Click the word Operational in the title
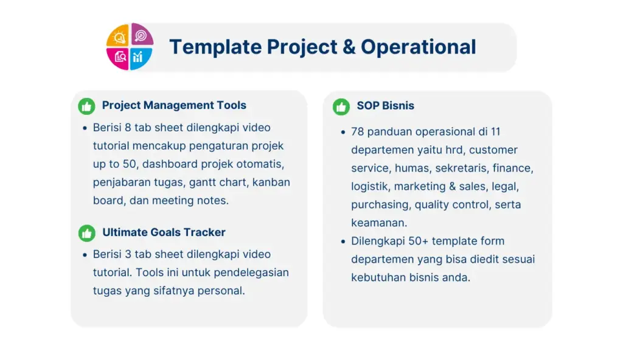pos(419,47)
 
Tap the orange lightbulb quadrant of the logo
pos(119,36)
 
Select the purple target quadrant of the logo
pos(141,35)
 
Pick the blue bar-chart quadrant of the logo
pos(141,58)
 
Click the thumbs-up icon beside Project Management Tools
pos(86,106)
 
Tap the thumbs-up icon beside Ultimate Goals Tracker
pos(86,234)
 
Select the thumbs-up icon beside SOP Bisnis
pos(341,106)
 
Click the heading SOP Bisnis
pos(385,106)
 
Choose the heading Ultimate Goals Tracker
pos(164,232)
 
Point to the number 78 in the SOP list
pos(357,131)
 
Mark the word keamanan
pos(378,223)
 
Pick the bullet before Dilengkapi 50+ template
pos(343,241)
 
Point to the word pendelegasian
pos(251,273)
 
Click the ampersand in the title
pos(349,47)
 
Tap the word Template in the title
pos(215,47)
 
